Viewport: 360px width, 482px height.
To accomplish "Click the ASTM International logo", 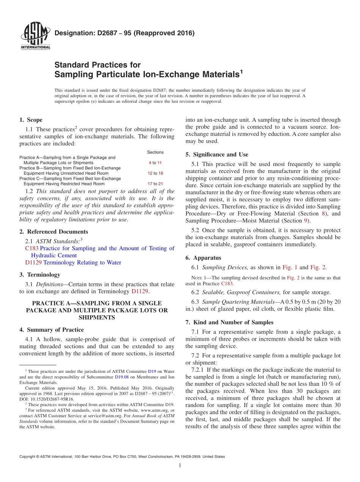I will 35,36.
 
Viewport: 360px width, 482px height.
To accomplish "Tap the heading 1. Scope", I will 31,120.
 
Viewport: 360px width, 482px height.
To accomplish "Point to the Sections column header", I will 155,152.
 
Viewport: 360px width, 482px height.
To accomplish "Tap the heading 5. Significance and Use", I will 217,155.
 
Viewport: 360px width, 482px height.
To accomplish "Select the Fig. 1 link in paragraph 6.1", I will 290,268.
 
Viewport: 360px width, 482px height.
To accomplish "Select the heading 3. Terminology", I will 40,274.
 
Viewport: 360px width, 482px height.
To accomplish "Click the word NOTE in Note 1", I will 197,278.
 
